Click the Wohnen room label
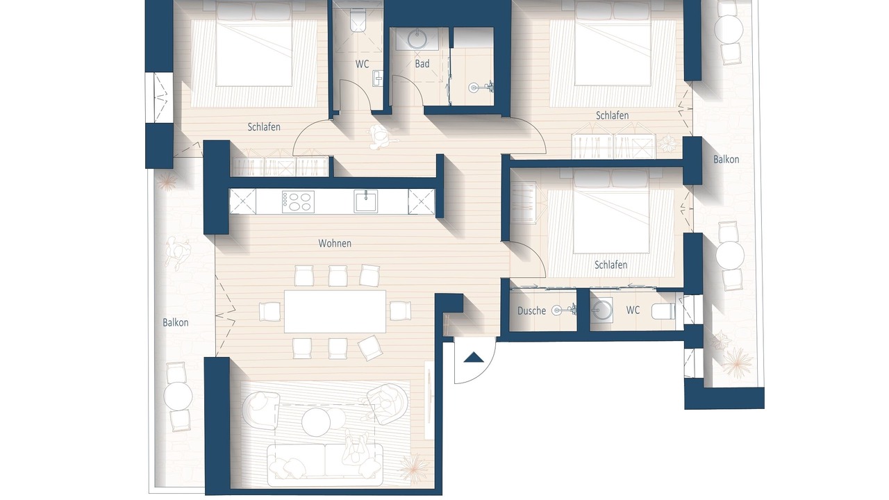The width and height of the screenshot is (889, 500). pyautogui.click(x=335, y=243)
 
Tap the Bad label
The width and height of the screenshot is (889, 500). pyautogui.click(x=422, y=63)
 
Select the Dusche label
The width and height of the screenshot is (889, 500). pyautogui.click(x=531, y=310)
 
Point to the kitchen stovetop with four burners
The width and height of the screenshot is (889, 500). pyautogui.click(x=298, y=202)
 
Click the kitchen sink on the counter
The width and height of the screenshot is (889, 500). pyautogui.click(x=366, y=201)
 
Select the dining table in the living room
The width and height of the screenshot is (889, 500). pyautogui.click(x=335, y=312)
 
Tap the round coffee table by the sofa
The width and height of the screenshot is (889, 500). pyautogui.click(x=316, y=422)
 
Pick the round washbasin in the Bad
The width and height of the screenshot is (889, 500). pyautogui.click(x=417, y=39)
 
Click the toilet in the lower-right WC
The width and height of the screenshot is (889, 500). pyautogui.click(x=663, y=310)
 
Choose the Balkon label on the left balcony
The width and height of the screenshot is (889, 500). pyautogui.click(x=176, y=323)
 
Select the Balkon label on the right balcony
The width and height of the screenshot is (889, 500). pyautogui.click(x=726, y=160)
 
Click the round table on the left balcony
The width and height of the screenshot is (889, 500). pyautogui.click(x=178, y=396)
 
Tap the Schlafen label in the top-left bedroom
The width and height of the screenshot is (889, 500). pyautogui.click(x=264, y=127)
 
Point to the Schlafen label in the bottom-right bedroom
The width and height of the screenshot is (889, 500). pyautogui.click(x=610, y=265)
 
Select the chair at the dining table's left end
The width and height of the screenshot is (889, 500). pyautogui.click(x=269, y=312)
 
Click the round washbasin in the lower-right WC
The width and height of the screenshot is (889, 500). pyautogui.click(x=601, y=310)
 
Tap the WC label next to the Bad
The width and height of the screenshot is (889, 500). pyautogui.click(x=362, y=64)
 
